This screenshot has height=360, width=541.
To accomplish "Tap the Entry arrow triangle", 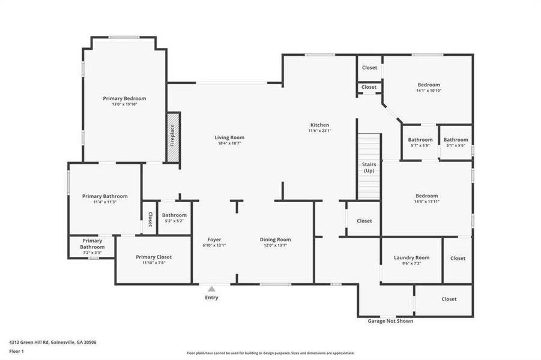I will (211, 289).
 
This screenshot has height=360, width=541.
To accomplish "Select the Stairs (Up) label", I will (369, 167).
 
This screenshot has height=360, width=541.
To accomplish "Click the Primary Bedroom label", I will (124, 98).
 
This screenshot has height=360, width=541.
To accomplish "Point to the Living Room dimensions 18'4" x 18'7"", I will (229, 143).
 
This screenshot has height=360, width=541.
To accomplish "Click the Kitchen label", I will (319, 125).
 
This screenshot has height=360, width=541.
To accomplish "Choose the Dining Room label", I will (275, 239).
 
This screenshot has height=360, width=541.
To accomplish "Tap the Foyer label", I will (214, 239).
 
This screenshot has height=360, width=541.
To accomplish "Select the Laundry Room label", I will (411, 257).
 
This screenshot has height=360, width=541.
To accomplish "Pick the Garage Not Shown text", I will (390, 321).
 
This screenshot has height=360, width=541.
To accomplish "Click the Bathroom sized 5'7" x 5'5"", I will (420, 142).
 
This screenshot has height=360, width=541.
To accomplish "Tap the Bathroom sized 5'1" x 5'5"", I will (456, 142).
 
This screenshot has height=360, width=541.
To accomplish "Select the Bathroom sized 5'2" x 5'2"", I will (174, 218).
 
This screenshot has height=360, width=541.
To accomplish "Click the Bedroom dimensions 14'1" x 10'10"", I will (429, 91).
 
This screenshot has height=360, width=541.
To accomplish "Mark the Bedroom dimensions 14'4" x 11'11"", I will (427, 202).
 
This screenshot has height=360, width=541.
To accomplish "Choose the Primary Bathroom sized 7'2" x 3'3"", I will (92, 247).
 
